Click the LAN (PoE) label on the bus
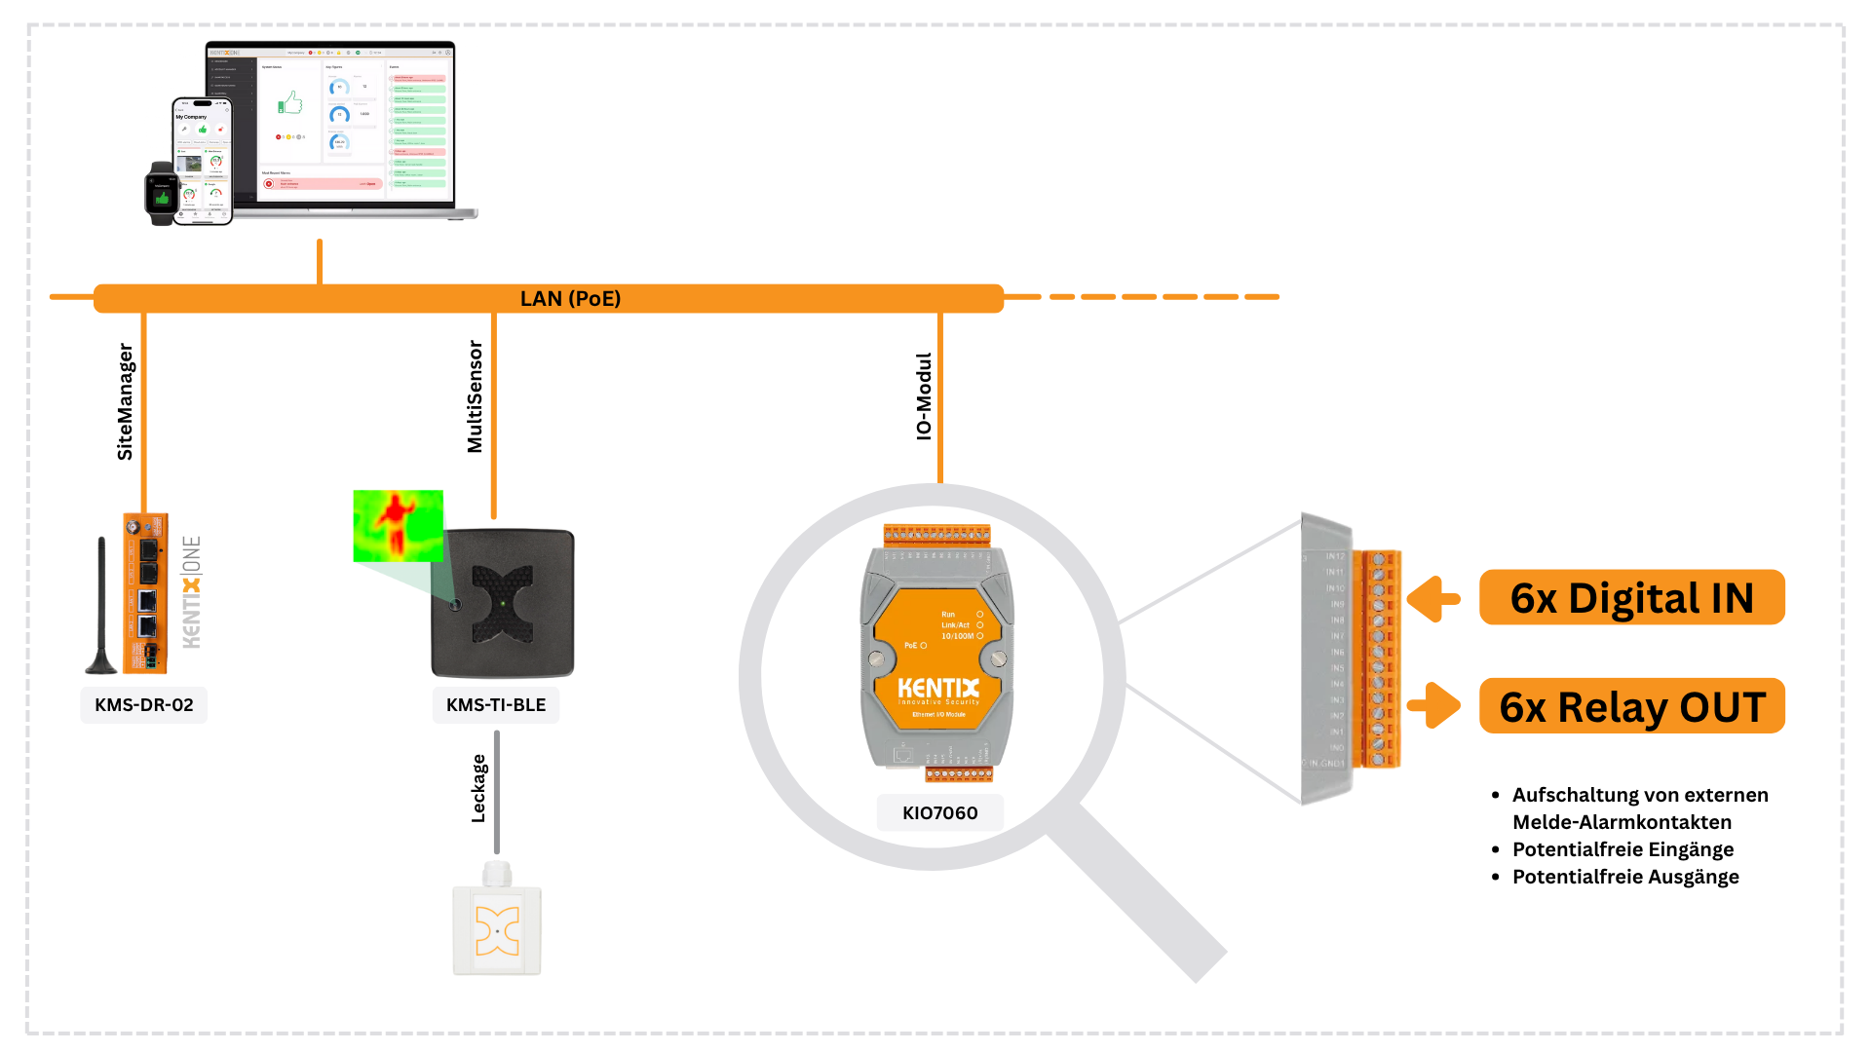click(x=570, y=298)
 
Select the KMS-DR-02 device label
click(x=144, y=704)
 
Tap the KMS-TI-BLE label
click(x=496, y=704)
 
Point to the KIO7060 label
click(x=939, y=812)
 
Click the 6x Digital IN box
click(x=1631, y=598)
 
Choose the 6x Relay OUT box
click(x=1631, y=706)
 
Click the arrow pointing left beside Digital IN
click(x=1432, y=599)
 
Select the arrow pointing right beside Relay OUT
click(x=1434, y=705)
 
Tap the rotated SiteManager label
click(x=125, y=401)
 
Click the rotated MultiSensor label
click(x=475, y=396)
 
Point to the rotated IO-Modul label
click(x=924, y=396)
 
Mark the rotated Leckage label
click(x=478, y=788)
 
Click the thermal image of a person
click(x=398, y=526)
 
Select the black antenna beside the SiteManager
click(x=101, y=609)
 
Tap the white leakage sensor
click(x=497, y=925)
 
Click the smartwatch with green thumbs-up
click(x=162, y=194)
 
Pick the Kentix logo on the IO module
click(x=937, y=690)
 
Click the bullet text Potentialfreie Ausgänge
click(x=1624, y=877)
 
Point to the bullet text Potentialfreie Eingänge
click(x=1623, y=849)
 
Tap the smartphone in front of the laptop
click(x=203, y=161)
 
